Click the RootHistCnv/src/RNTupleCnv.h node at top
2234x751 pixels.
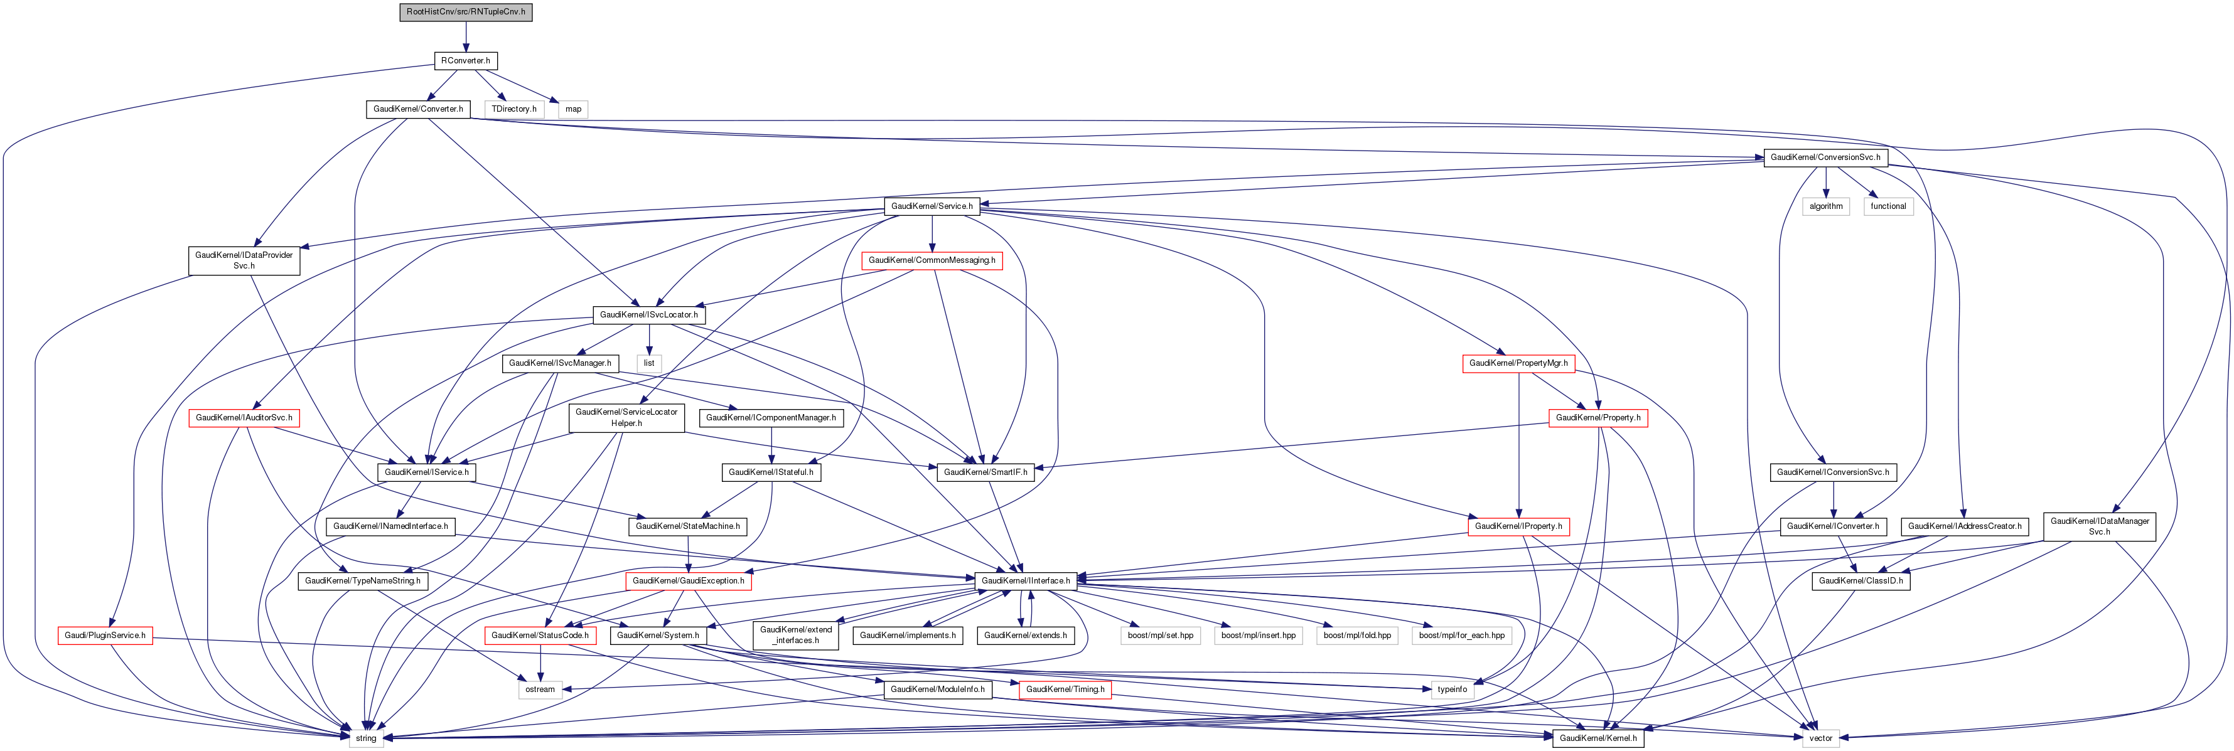[466, 12]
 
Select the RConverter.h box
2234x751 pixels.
[466, 61]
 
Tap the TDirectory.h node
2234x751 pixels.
[513, 109]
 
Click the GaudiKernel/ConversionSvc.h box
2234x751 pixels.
[1825, 158]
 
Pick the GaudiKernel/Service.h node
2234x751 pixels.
[932, 206]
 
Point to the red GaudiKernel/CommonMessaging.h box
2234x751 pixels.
[932, 260]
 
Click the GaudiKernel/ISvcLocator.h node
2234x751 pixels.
[648, 315]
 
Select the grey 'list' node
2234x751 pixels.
[648, 363]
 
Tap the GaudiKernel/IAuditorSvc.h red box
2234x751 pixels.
[244, 418]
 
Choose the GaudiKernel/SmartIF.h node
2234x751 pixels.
[985, 472]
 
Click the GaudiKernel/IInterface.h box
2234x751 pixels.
[1026, 581]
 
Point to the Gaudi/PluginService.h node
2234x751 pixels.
[105, 636]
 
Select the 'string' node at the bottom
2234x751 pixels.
[366, 739]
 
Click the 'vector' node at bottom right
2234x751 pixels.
[1820, 739]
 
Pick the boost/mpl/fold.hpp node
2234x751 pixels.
[1357, 636]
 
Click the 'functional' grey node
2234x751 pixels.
[1888, 206]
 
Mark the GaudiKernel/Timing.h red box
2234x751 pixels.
[1065, 690]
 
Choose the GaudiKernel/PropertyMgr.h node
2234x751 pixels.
[1518, 363]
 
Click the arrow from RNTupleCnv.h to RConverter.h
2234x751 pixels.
[466, 36]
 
